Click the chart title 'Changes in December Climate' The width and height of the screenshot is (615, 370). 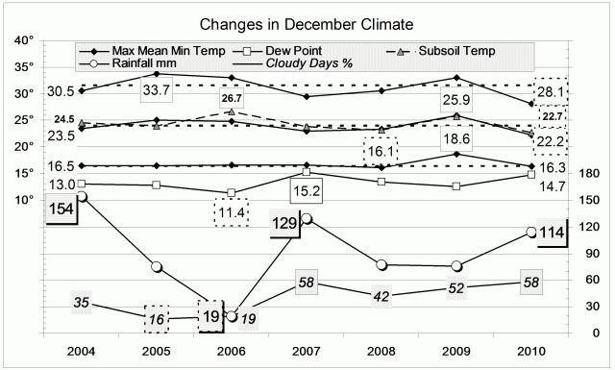(307, 22)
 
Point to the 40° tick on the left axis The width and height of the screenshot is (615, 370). (24, 40)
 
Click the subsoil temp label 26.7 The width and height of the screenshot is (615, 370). (232, 99)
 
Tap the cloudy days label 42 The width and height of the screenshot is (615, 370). (381, 296)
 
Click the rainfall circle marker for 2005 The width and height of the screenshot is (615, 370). (156, 266)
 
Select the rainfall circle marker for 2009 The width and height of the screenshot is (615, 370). (456, 266)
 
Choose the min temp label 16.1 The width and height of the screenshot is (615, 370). (381, 151)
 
